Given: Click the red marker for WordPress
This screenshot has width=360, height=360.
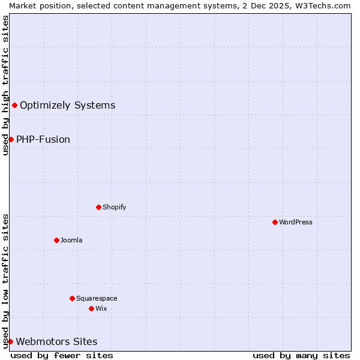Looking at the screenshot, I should pos(275,222).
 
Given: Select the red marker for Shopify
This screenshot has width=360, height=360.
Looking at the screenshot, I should pos(98,207).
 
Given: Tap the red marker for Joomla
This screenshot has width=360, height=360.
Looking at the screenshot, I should pos(56,240).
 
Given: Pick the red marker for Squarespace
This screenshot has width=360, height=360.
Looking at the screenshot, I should pos(72,298).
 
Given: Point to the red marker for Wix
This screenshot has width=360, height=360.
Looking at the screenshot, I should pos(91,308).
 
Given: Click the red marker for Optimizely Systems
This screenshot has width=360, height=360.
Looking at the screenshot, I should pos(14,106).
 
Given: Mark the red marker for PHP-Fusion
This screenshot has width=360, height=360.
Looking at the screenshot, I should pos(11,139).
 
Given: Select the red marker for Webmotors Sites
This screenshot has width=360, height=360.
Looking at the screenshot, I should pos(10,341).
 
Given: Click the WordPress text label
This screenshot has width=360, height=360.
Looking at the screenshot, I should pos(296,222).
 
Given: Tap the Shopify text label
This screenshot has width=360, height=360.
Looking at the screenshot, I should pos(114,207).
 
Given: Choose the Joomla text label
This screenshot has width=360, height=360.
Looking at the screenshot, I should pos(71,240).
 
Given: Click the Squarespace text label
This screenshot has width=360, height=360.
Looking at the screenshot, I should pos(97,298).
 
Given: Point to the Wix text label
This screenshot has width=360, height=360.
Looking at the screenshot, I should pos(101,308).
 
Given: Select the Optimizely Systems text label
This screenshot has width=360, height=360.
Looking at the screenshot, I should pos(67,106).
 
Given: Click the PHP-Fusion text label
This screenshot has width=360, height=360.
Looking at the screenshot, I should pos(43,139).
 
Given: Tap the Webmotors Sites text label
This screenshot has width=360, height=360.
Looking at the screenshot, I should pos(56,341).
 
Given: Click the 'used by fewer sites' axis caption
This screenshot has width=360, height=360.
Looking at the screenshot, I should pos(62,355).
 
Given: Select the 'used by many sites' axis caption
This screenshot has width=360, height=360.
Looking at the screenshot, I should pos(301,355).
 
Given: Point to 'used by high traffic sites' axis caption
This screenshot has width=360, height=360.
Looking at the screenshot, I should pos(5,85).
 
